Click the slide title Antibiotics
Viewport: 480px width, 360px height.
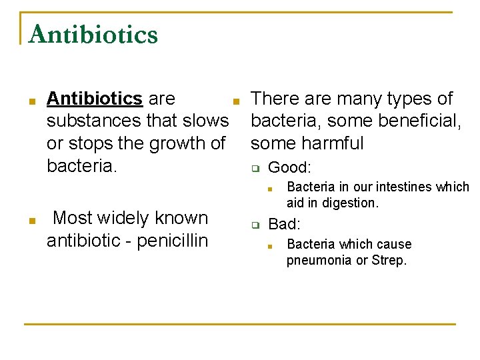click(93, 34)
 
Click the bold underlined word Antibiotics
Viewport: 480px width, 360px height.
click(94, 99)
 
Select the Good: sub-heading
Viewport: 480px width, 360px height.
click(289, 167)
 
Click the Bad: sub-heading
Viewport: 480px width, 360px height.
click(285, 225)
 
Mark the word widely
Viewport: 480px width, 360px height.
click(127, 218)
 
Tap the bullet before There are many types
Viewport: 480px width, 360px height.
click(235, 101)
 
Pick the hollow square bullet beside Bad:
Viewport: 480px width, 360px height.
click(254, 226)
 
